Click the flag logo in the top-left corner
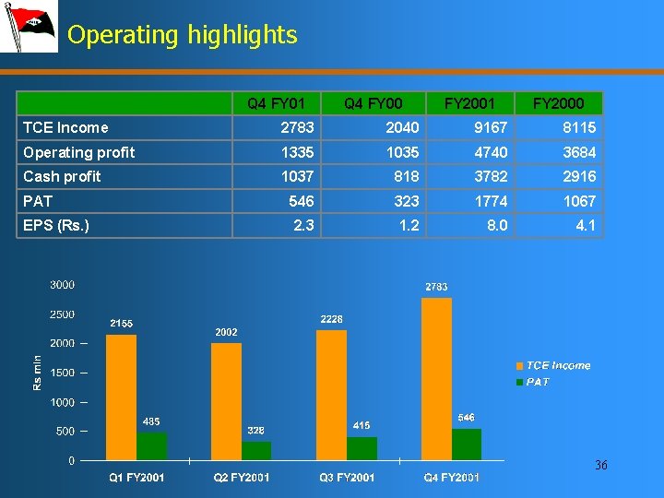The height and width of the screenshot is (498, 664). point(29,27)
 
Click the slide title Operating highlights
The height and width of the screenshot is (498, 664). point(183,35)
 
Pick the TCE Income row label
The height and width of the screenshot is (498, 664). point(65,127)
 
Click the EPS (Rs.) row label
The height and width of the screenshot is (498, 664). point(56,224)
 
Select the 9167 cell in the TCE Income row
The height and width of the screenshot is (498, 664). point(491,127)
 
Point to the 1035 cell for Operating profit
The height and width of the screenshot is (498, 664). point(402,152)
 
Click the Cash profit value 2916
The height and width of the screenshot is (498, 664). point(579,176)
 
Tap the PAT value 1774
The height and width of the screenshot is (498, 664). point(491,200)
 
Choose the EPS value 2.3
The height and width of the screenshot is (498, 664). point(302,224)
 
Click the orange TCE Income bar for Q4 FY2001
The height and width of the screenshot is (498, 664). point(436,378)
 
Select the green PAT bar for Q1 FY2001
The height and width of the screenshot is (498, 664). point(151,445)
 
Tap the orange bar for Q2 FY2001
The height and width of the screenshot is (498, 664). point(226,401)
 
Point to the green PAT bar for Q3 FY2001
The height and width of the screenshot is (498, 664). point(362,448)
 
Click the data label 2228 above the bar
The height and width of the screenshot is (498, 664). point(331,319)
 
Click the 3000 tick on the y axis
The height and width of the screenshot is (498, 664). point(62,285)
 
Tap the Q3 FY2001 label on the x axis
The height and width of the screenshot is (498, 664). point(347,477)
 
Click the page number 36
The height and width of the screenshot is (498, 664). point(600,466)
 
